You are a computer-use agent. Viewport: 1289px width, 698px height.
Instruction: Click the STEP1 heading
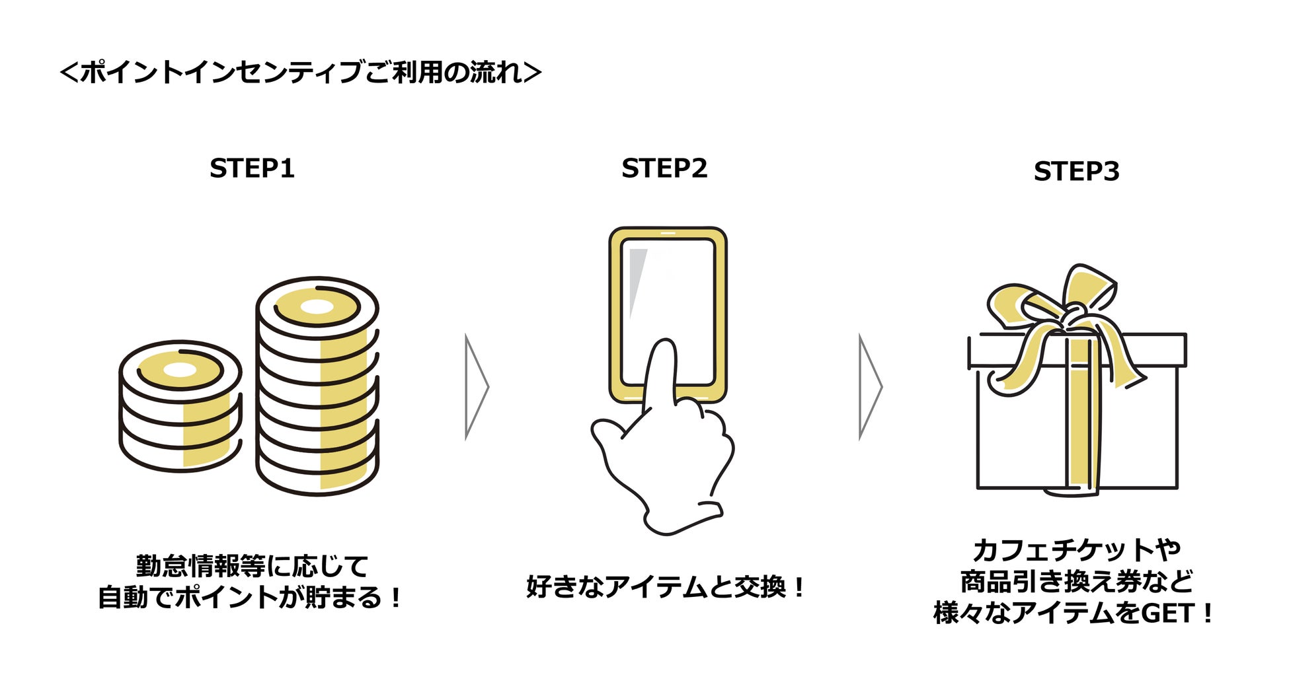click(252, 168)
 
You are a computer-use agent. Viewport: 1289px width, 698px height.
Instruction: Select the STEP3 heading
click(1076, 171)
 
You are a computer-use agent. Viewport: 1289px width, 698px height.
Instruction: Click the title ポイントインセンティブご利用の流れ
click(301, 72)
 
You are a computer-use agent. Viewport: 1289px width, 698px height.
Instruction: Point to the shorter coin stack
click(180, 406)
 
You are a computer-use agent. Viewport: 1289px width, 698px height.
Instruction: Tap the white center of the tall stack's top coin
click(317, 307)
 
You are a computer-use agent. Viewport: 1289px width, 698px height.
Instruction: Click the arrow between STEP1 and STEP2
click(476, 387)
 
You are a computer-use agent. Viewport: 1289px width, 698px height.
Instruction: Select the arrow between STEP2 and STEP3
click(869, 387)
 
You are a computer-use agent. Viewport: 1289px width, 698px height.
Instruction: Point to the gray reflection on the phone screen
click(636, 277)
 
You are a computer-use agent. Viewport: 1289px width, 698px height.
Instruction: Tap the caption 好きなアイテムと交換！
click(665, 586)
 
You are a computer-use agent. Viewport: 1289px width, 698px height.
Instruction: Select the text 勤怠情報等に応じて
click(252, 566)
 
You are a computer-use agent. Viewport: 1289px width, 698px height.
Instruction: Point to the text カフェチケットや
click(1076, 549)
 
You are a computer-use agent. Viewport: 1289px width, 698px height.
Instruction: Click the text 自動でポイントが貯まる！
click(251, 598)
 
